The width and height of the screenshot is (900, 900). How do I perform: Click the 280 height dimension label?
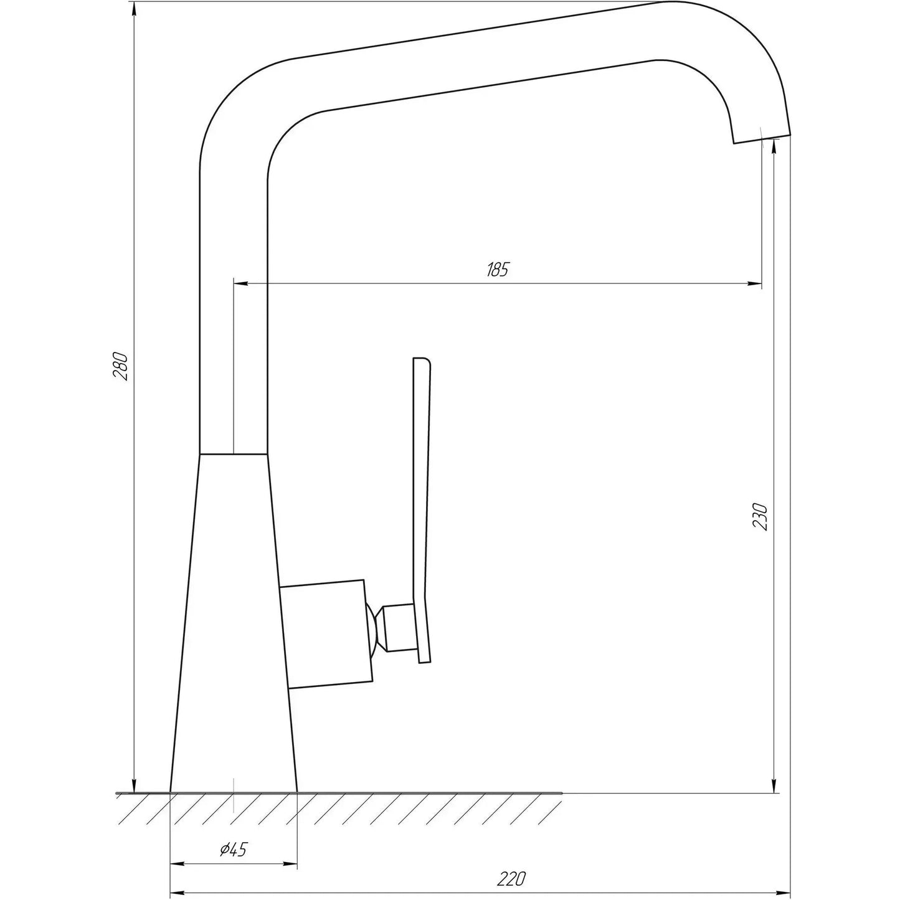click(x=120, y=367)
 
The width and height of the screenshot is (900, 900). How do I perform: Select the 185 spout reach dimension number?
click(x=498, y=270)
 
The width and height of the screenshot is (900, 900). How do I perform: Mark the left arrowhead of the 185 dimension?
click(x=240, y=284)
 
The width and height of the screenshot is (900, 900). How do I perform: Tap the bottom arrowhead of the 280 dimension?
click(x=134, y=785)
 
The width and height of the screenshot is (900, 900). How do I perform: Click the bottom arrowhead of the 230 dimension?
click(x=774, y=785)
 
